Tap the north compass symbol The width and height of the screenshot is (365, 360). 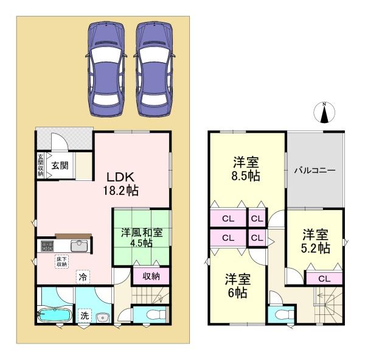(324, 113)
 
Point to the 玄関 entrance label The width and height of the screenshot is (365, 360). (59, 165)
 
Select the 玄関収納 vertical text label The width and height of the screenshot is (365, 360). (41, 164)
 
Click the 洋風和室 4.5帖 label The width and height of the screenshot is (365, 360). (141, 237)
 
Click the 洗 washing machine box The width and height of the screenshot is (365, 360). (86, 316)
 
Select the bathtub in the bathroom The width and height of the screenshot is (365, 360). (55, 317)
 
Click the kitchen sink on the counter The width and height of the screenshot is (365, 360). (80, 245)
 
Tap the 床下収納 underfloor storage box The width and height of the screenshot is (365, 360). (62, 262)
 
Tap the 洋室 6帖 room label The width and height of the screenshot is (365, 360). (237, 286)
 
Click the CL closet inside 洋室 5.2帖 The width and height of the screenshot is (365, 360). (323, 279)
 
